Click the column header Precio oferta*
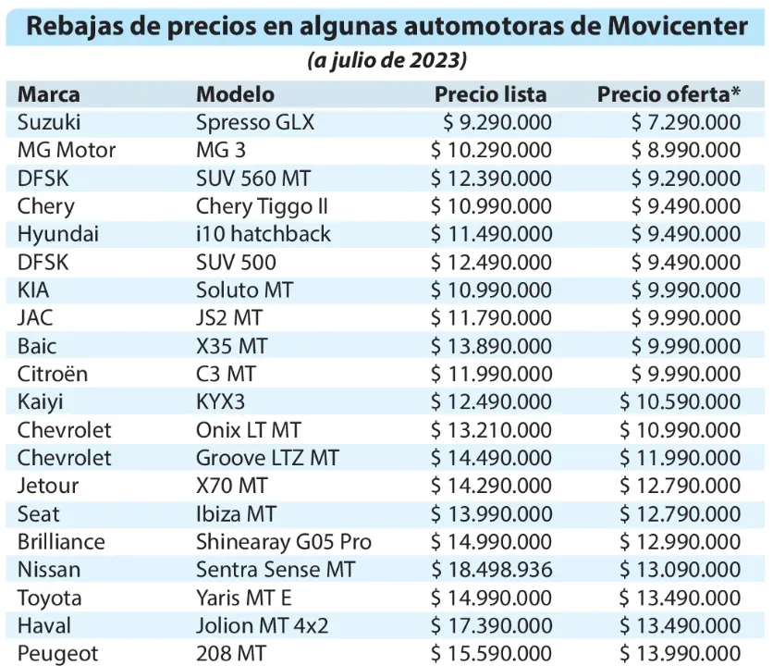point(669,94)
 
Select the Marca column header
point(49,94)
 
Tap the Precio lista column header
point(490,94)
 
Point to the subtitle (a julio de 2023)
point(386,61)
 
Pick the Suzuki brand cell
point(49,122)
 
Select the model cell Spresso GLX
point(255,122)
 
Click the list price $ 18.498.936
point(491,570)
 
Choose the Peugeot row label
point(57,654)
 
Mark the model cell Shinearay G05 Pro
point(284,542)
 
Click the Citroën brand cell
point(55,374)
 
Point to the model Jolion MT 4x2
point(262,626)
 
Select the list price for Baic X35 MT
point(491,346)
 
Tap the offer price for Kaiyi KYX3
point(681,402)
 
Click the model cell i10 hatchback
point(264,234)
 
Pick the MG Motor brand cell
point(67,150)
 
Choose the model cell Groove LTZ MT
point(267,458)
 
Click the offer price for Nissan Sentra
point(681,570)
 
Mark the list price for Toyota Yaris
point(491,598)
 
